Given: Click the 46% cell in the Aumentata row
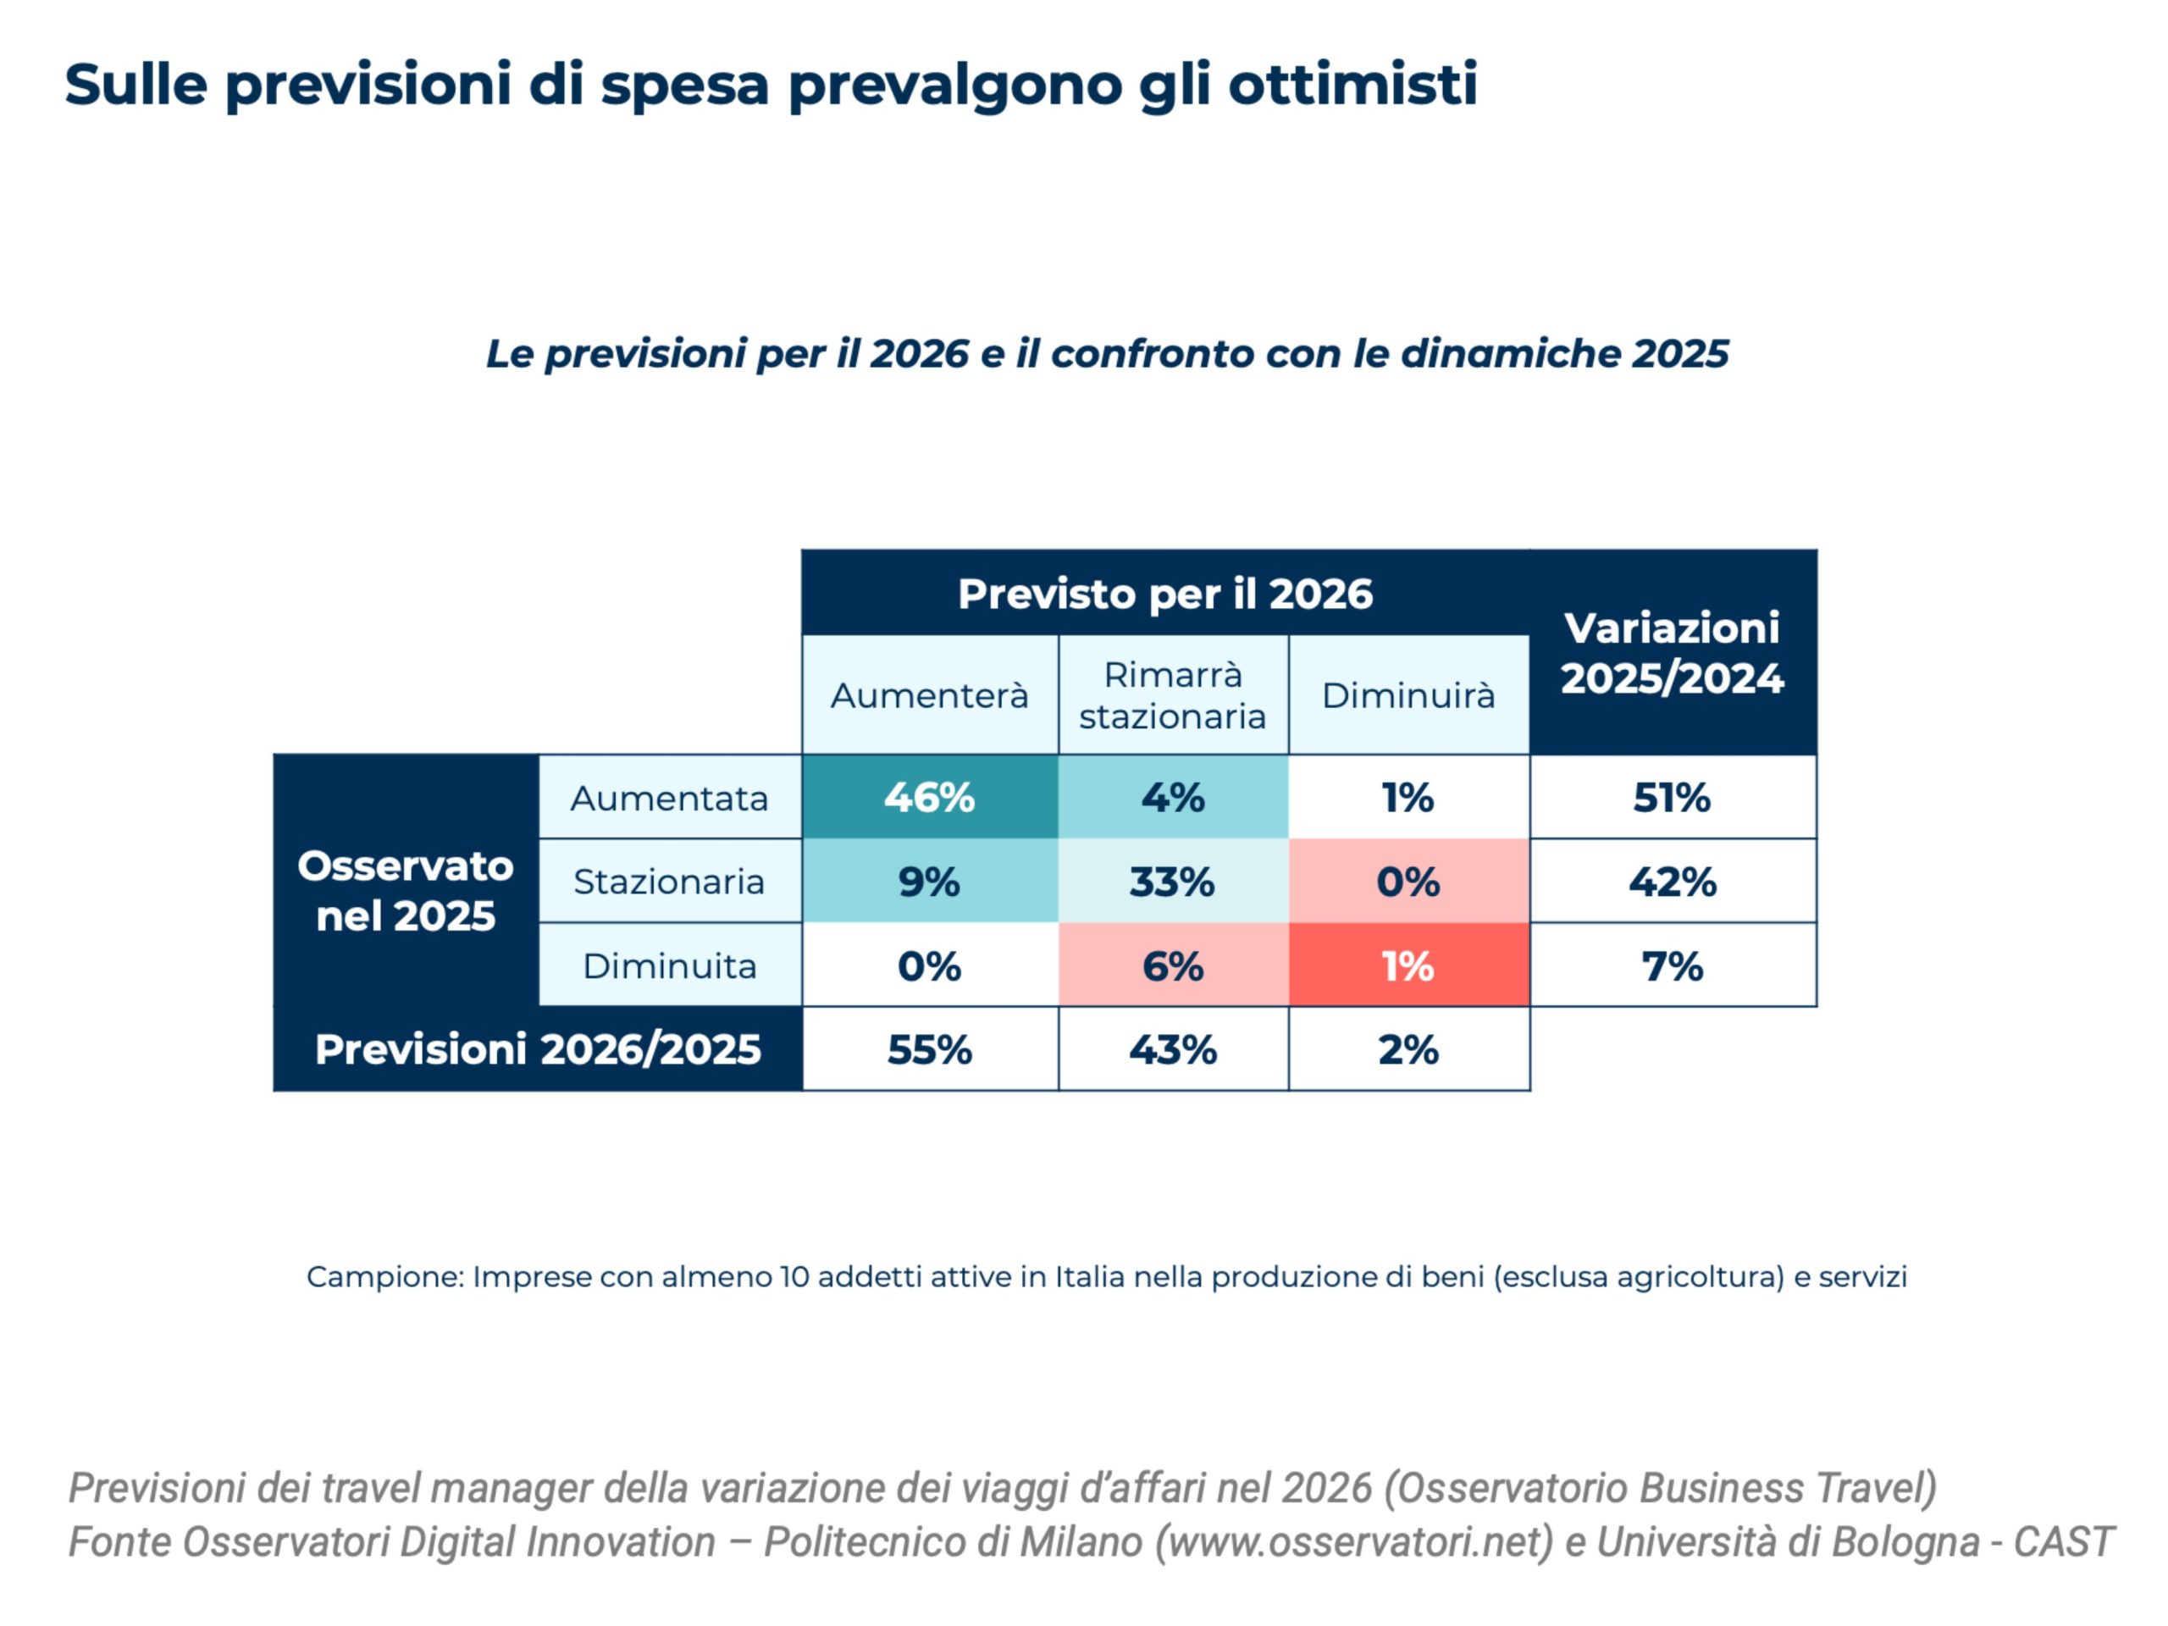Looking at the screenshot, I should click(929, 797).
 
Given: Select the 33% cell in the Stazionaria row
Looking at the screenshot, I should click(1172, 881).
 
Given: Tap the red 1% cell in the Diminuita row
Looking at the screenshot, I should click(1408, 965).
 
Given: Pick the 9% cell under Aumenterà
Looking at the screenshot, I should click(929, 881).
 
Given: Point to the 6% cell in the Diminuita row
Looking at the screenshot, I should click(1172, 965).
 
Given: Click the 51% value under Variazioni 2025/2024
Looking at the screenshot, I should click(1672, 797).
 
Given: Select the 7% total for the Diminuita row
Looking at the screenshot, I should click(1672, 965).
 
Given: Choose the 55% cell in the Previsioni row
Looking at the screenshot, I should click(929, 1048).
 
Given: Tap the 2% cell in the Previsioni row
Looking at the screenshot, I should click(1408, 1048).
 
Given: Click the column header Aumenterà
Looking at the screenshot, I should click(929, 695).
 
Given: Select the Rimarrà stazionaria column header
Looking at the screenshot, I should click(1172, 695).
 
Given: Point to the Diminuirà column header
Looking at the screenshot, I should click(1408, 695).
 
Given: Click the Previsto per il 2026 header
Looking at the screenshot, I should click(1164, 593).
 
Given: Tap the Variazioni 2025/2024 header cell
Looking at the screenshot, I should click(1672, 652).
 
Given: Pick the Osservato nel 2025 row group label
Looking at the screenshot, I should click(405, 890).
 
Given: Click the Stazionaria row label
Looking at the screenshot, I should click(669, 881).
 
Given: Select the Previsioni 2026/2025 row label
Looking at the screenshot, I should click(537, 1048).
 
